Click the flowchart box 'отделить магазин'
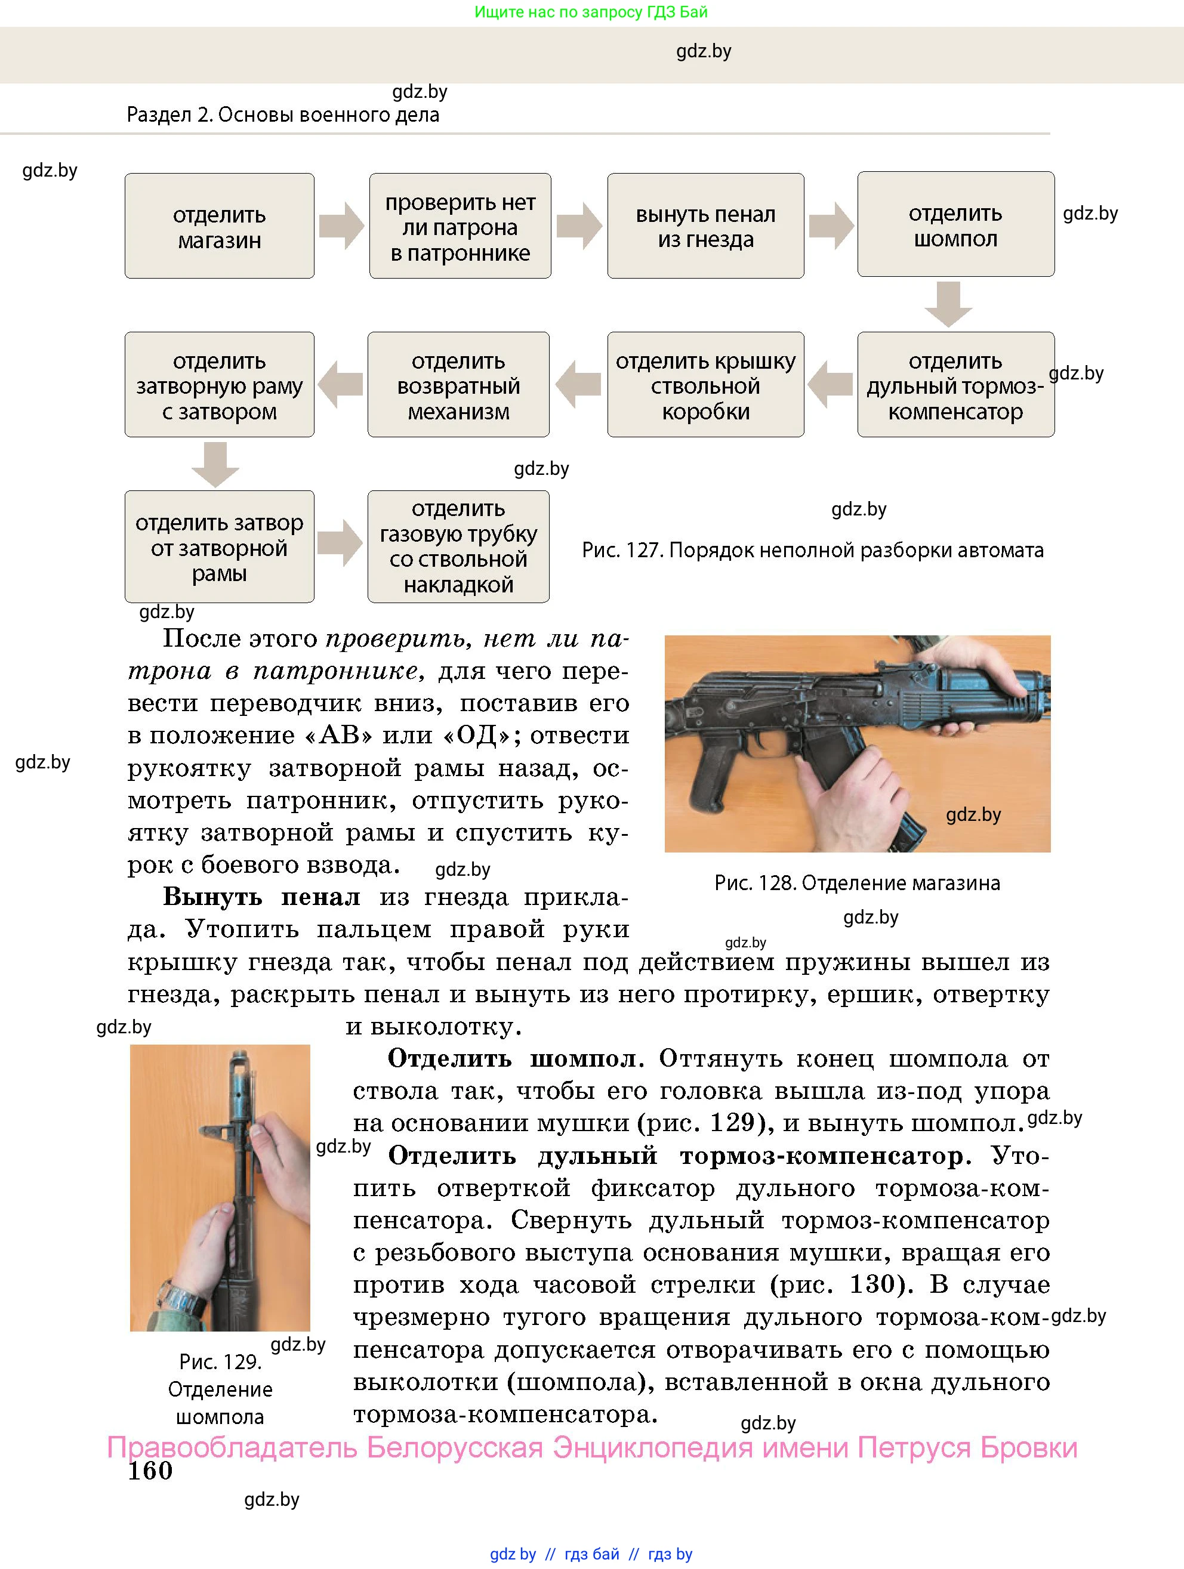point(219,226)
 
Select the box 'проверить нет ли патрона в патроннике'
point(460,226)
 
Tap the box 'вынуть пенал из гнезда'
point(705,226)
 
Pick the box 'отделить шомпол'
point(955,224)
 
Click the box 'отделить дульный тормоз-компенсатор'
point(955,384)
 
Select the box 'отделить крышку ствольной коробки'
point(705,384)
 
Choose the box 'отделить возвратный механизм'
point(458,384)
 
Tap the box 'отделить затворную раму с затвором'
point(219,384)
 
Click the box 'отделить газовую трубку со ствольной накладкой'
point(458,546)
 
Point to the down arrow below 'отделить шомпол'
point(948,304)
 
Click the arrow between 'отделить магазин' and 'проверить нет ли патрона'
point(341,226)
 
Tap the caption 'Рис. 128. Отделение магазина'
point(857,882)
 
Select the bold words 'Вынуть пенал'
point(261,897)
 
